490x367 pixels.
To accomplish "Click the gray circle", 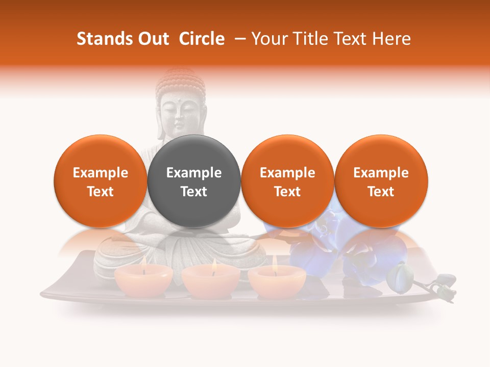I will [x=194, y=181].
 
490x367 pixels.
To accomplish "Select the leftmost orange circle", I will [x=101, y=181].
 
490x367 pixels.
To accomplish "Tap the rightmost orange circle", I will [x=381, y=181].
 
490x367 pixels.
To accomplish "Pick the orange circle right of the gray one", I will [x=287, y=181].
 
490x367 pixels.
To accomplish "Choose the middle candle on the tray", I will [x=211, y=281].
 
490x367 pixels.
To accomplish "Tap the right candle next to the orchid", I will [x=277, y=281].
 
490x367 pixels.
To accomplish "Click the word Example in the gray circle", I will [x=194, y=173].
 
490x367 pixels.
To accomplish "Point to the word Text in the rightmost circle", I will [x=381, y=192].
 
